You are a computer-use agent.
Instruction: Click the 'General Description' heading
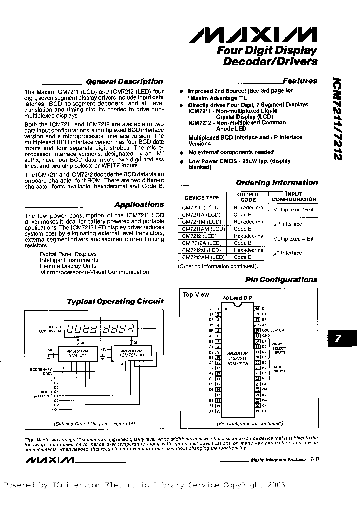(x=124, y=81)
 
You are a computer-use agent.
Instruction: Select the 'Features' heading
(x=300, y=81)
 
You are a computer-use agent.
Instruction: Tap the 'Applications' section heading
(x=139, y=204)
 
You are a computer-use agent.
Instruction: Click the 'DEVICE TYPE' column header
(x=202, y=198)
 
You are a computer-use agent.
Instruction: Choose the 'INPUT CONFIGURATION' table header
(x=294, y=196)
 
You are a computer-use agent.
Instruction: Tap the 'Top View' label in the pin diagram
(x=196, y=295)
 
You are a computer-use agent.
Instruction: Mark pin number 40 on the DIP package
(x=257, y=309)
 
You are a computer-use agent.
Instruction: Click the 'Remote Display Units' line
(x=68, y=266)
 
